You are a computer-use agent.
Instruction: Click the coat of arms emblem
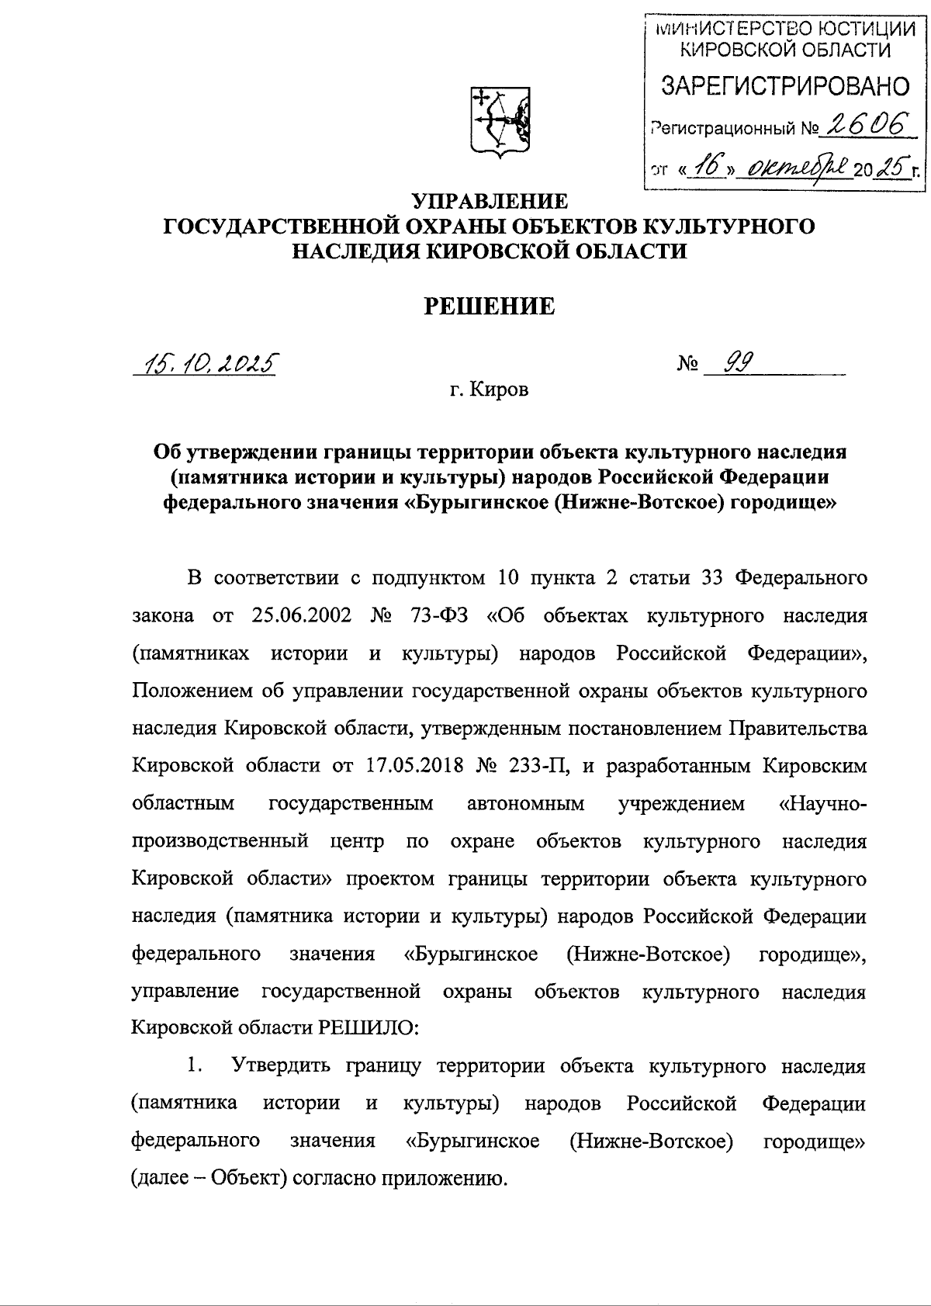click(500, 121)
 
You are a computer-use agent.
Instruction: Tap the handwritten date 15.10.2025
click(206, 362)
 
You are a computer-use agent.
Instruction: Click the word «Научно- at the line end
click(822, 803)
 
